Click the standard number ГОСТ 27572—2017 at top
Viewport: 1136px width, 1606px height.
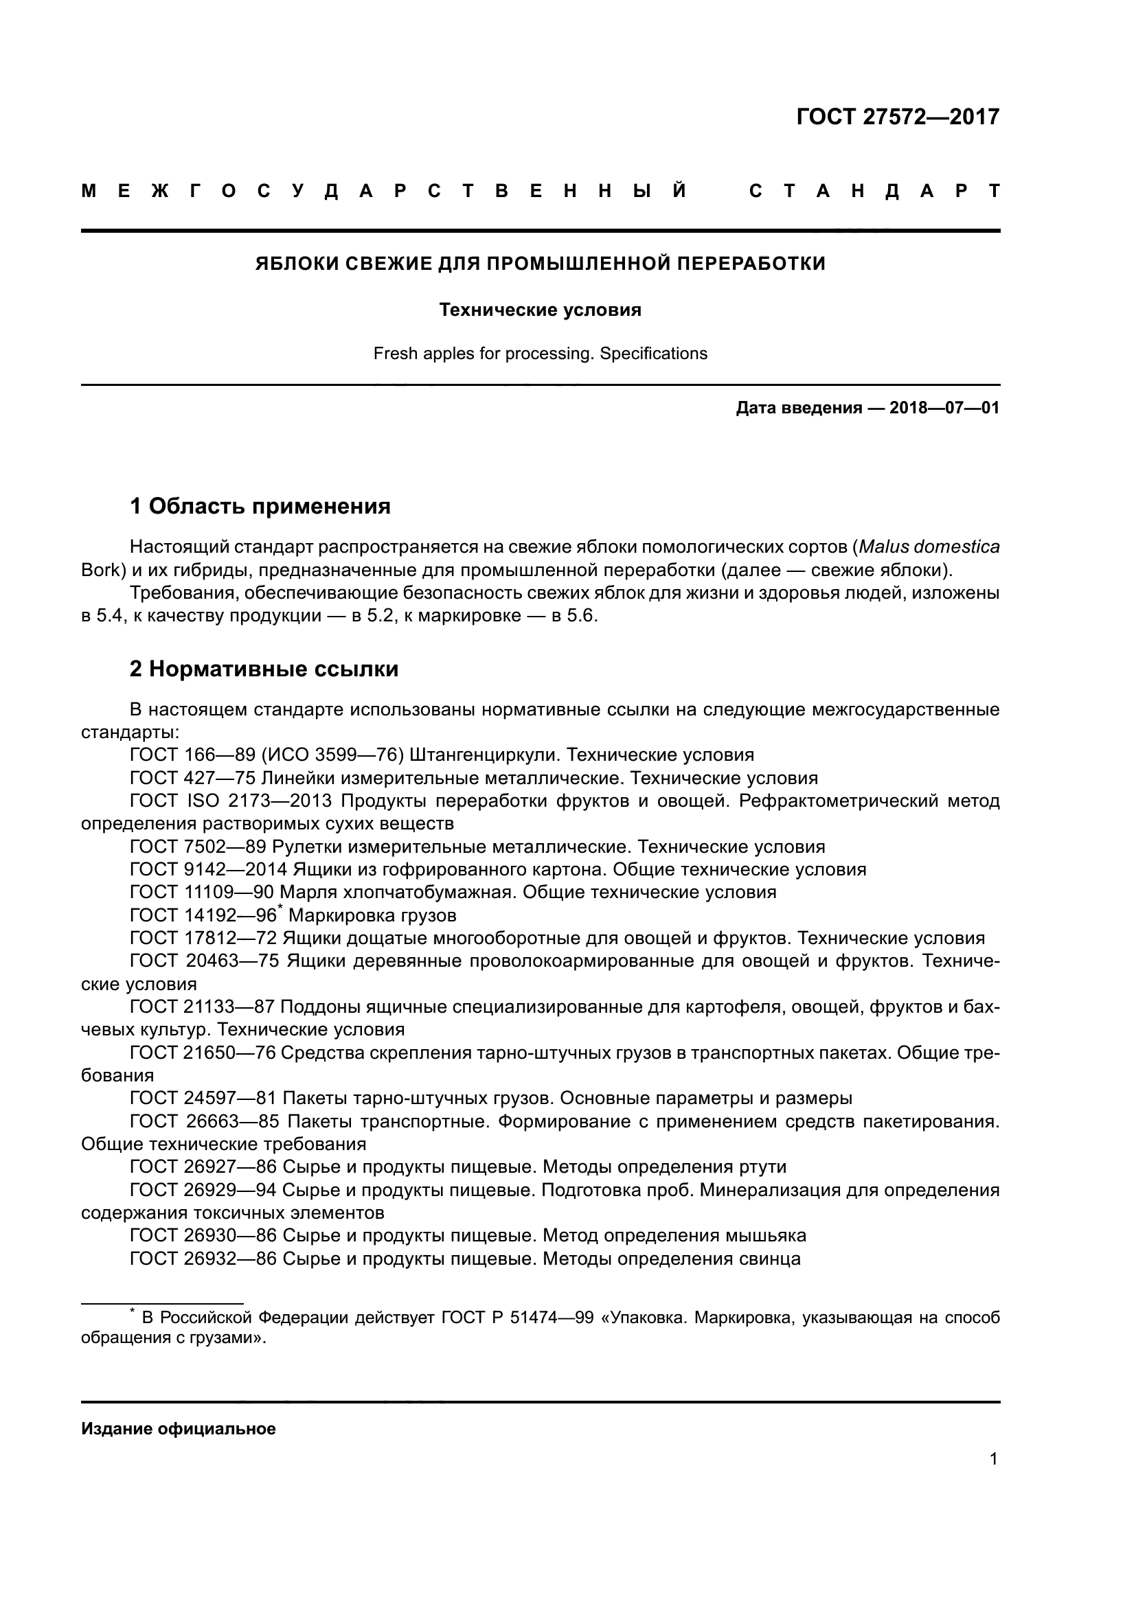pos(898,117)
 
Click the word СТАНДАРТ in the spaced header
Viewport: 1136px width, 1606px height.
pos(874,192)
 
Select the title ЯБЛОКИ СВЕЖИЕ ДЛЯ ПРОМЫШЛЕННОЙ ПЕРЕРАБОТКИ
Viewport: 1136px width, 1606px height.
pos(540,264)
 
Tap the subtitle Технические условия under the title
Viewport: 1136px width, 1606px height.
pos(540,310)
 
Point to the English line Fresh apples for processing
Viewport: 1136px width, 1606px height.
pos(540,354)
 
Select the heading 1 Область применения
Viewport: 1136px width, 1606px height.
pos(260,506)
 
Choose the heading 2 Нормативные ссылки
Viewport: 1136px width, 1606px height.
pos(264,669)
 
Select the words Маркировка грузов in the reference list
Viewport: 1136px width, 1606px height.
pos(372,916)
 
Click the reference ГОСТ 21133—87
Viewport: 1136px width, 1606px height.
pos(202,1008)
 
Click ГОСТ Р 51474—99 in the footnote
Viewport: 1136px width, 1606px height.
pos(517,1318)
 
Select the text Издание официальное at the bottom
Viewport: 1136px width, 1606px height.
pos(179,1429)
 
